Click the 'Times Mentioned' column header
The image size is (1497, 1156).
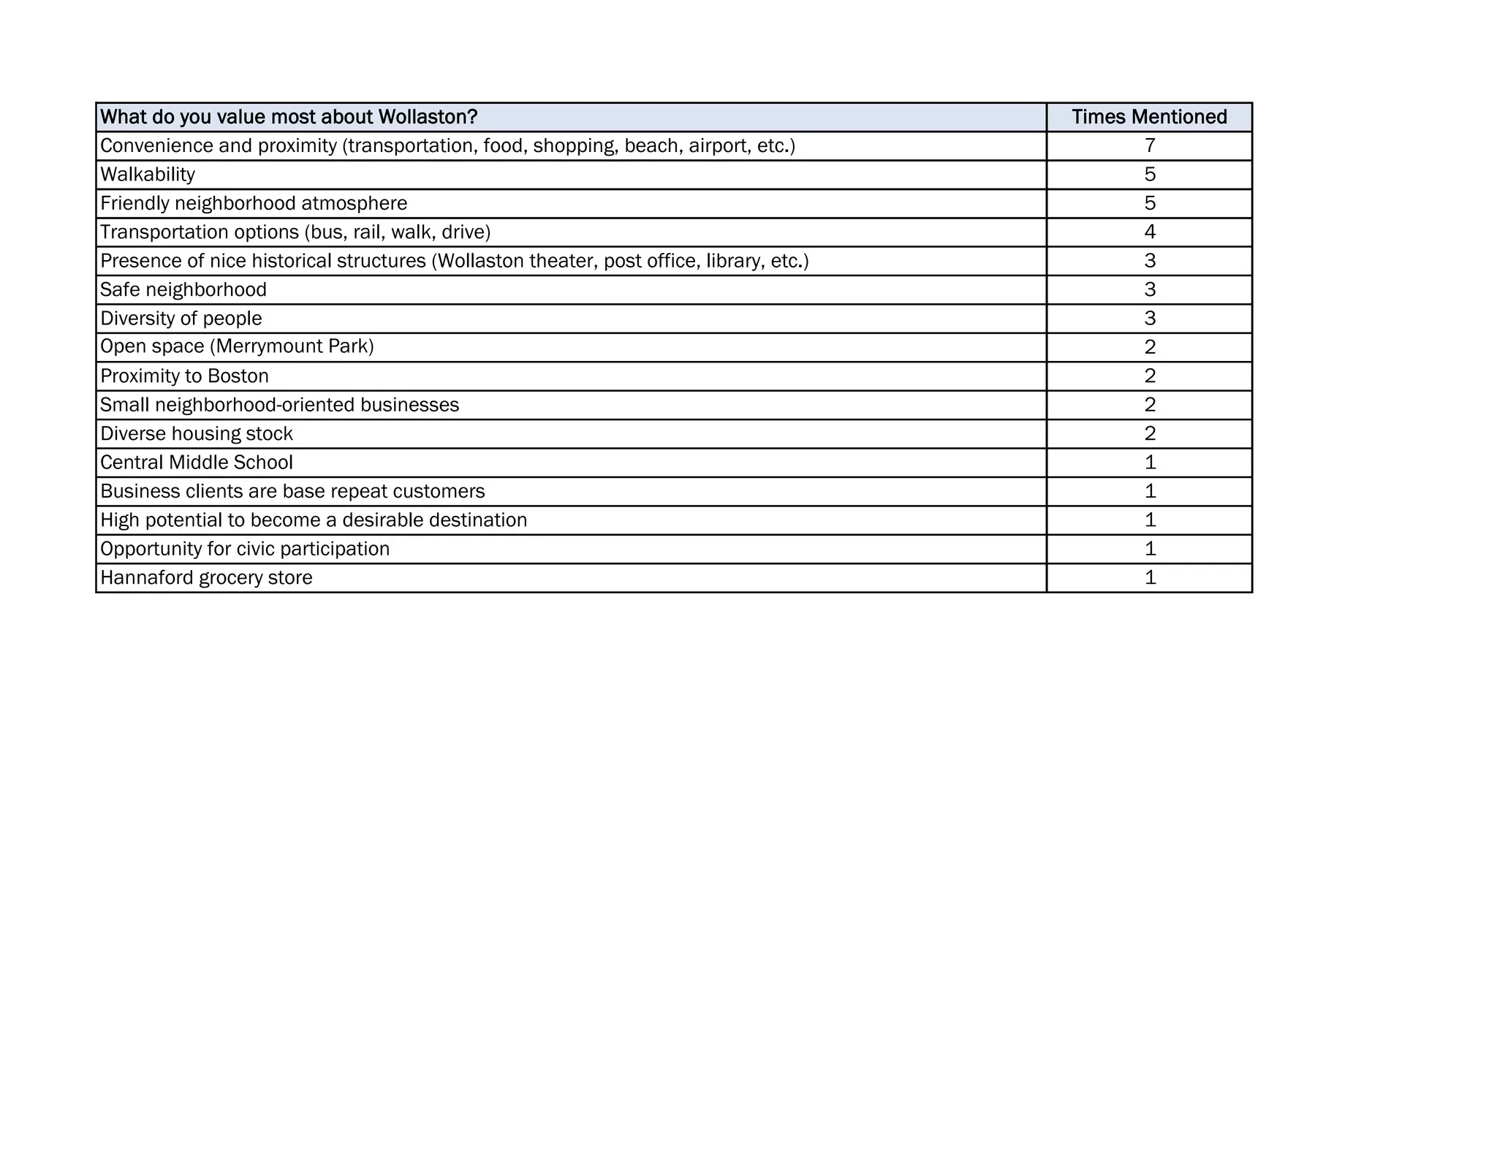tap(1149, 117)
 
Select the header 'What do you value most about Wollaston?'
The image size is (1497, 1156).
tap(289, 117)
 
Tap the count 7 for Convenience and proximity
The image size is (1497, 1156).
tap(1150, 145)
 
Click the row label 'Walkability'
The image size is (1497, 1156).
tap(148, 175)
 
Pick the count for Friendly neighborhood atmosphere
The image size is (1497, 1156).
tap(1150, 203)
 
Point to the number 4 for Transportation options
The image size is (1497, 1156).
tap(1150, 232)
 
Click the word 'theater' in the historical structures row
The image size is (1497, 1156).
tap(564, 261)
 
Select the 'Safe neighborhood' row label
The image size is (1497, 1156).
tap(183, 290)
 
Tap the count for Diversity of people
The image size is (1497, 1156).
tap(1150, 319)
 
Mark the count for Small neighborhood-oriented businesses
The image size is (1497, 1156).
tap(1150, 405)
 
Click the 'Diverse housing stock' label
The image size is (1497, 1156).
tap(196, 434)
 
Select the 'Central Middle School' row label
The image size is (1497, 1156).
tap(196, 463)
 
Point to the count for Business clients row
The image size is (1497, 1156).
tap(1150, 491)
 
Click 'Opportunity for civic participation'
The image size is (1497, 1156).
tap(245, 549)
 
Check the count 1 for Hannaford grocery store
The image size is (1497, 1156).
tap(1150, 578)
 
